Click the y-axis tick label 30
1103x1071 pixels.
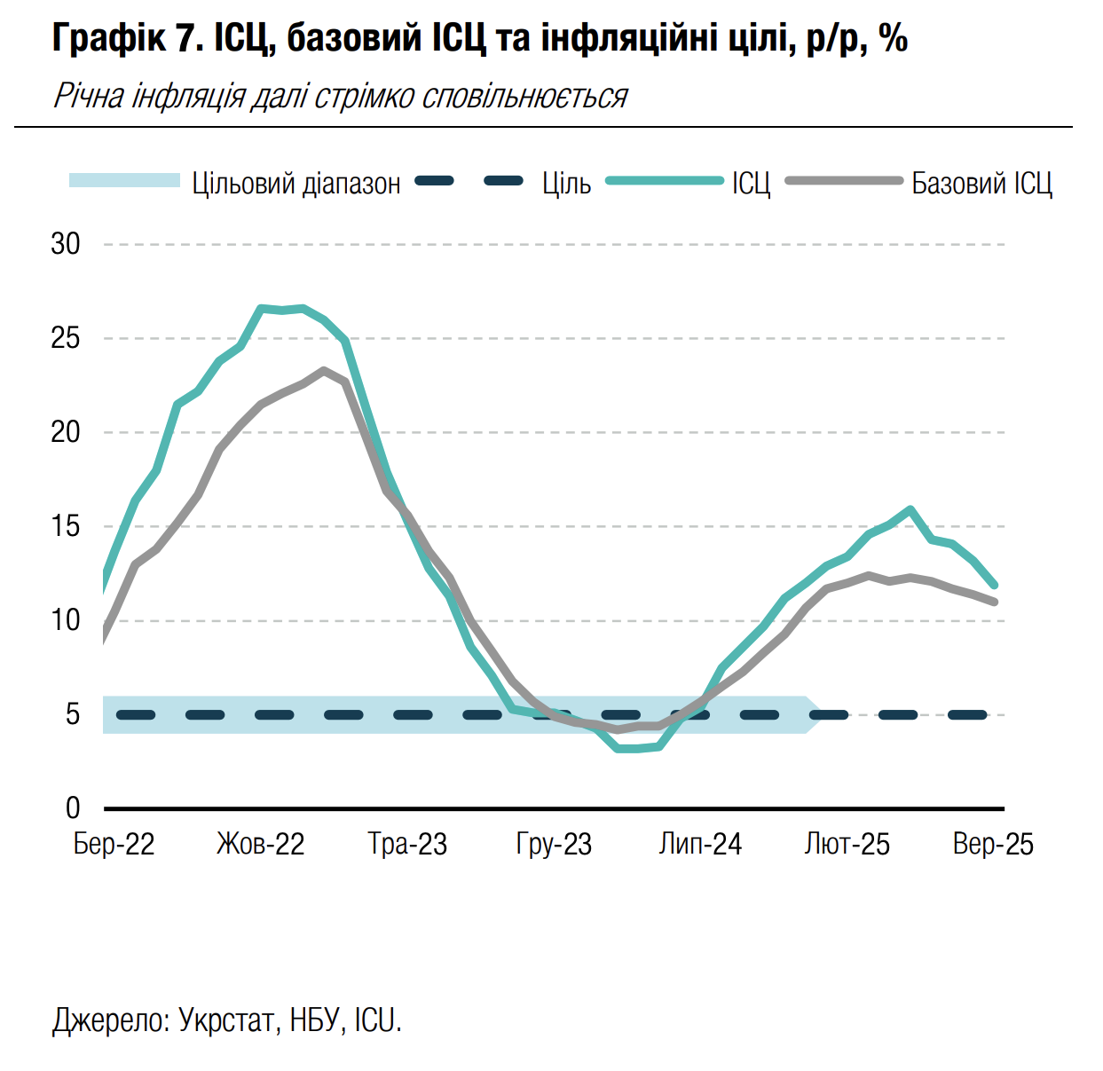click(x=66, y=244)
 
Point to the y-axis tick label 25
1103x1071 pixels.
click(x=66, y=338)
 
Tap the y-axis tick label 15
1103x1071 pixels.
click(x=66, y=526)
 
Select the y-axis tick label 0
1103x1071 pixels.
click(x=73, y=807)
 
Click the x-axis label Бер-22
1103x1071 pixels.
click(x=114, y=844)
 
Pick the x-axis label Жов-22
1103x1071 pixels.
click(x=260, y=844)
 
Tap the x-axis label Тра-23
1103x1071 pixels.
click(x=407, y=844)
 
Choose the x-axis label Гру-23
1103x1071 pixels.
click(x=554, y=844)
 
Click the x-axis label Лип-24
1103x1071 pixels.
click(x=700, y=844)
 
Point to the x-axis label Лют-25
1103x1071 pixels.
click(x=847, y=844)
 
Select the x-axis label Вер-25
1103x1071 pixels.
click(x=993, y=844)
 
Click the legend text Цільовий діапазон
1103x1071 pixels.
click(x=296, y=184)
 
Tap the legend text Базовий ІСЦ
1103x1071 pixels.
click(x=981, y=184)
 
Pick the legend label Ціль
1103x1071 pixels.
click(x=567, y=184)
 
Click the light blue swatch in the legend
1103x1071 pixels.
click(x=125, y=181)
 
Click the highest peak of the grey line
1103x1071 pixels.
click(x=324, y=371)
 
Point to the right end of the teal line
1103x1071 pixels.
click(x=994, y=585)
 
